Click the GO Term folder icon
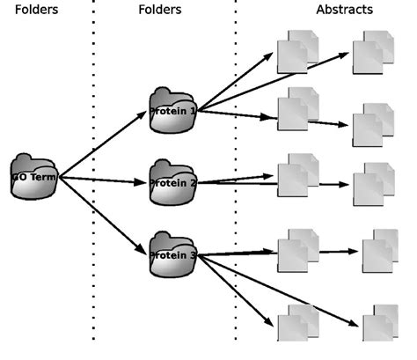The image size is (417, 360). click(x=33, y=176)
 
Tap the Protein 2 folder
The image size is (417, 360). click(x=172, y=182)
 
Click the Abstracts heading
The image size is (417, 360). click(x=344, y=10)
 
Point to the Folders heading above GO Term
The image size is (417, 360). click(x=36, y=10)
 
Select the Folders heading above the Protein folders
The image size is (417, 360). click(x=160, y=10)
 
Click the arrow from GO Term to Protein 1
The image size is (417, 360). click(x=104, y=143)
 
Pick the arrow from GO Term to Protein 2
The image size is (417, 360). click(x=104, y=180)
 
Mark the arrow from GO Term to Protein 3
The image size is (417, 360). click(x=104, y=216)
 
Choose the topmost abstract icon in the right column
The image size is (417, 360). click(x=373, y=52)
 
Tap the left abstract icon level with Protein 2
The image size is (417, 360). click(x=297, y=175)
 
